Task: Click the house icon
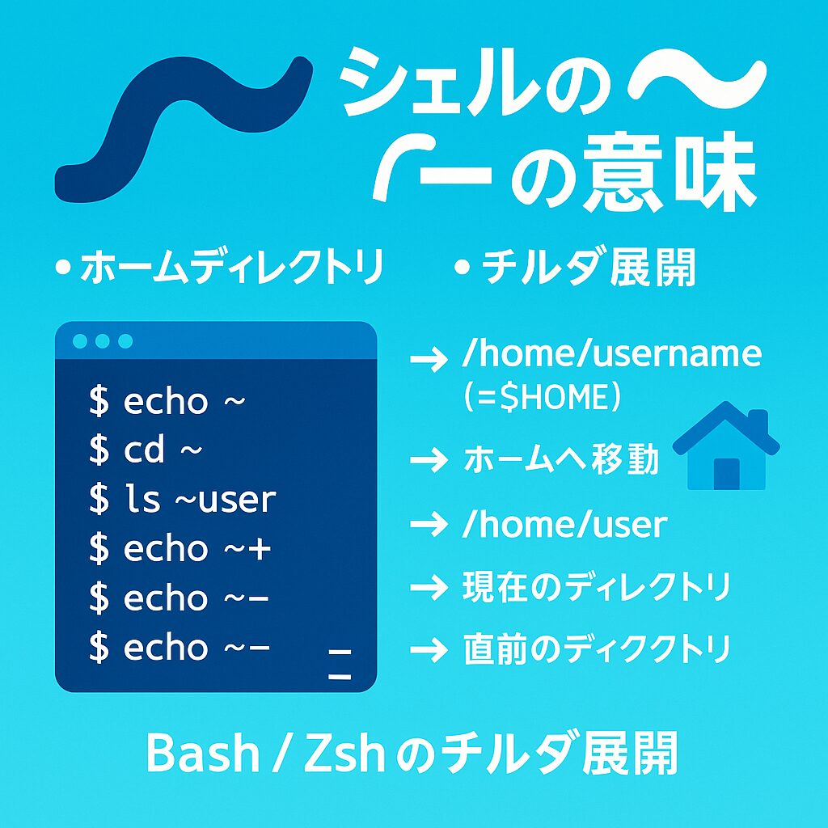click(726, 446)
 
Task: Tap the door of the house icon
click(727, 474)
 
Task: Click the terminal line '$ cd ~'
click(146, 450)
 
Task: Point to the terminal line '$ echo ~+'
click(180, 549)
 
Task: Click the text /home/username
click(611, 354)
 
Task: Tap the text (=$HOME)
click(541, 396)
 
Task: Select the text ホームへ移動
click(561, 459)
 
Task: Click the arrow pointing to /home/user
click(429, 524)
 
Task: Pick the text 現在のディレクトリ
click(597, 586)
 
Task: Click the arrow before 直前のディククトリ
click(429, 649)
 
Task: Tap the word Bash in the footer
click(203, 754)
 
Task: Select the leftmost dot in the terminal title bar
click(80, 341)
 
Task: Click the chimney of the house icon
click(758, 420)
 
